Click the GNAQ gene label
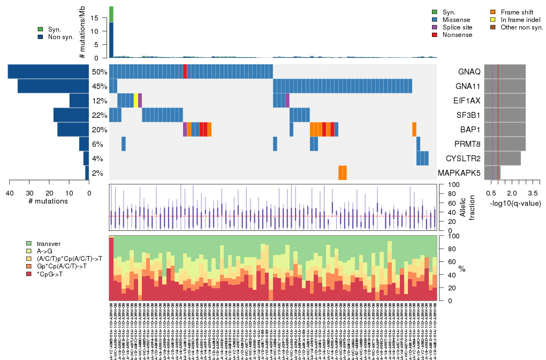pos(469,72)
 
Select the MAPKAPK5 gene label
pos(459,173)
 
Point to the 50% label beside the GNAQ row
pos(100,72)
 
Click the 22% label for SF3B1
pos(100,115)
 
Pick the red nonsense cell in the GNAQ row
pos(185,71)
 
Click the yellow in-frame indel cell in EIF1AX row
pos(136,100)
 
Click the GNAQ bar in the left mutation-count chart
pos(48,71)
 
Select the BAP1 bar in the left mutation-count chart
pos(73,130)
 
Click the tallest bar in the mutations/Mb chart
pos(111,32)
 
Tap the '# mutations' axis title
pos(49,201)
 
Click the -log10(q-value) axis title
pos(515,203)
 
